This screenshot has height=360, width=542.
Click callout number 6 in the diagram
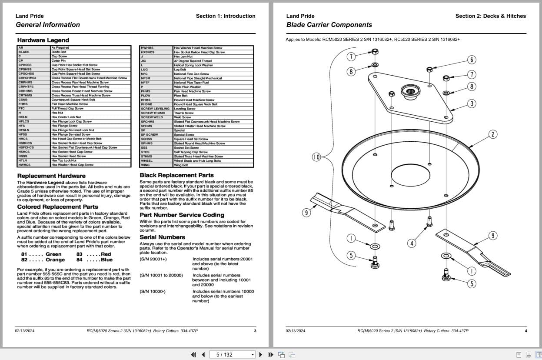tap(472, 60)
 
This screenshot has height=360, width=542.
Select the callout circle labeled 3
tap(472, 103)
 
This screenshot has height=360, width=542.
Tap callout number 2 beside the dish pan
tap(492, 134)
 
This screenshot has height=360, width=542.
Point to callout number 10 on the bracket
tap(316, 157)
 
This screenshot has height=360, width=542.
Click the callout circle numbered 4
tap(412, 243)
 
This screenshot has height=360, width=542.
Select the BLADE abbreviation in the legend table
tap(24, 52)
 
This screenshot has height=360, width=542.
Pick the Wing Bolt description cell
tap(181, 165)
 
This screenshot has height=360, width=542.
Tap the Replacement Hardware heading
tap(51, 176)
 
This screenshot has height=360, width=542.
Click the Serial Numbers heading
tap(162, 237)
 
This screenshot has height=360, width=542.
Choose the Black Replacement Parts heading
tap(176, 175)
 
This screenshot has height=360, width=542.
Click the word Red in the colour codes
tap(106, 254)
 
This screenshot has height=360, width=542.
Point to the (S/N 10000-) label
tap(153, 291)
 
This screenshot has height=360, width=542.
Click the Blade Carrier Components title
tap(329, 25)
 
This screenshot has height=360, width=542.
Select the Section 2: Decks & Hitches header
tap(490, 16)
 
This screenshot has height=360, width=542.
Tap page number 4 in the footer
tap(525, 331)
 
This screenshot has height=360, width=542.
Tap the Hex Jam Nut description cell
tap(183, 57)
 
